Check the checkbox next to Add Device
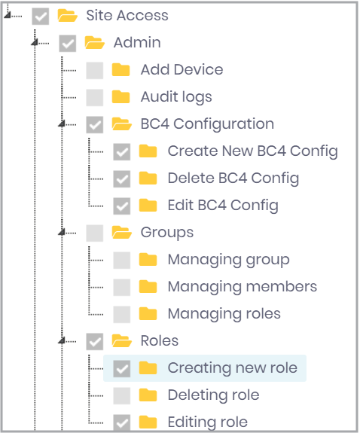95,71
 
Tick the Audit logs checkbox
95,97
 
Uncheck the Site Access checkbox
41,17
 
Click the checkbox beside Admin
68,44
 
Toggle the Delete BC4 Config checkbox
122,179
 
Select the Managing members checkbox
122,287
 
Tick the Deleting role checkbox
122,395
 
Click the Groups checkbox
95,233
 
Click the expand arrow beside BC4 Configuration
62,123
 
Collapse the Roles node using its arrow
62,340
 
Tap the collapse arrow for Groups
62,232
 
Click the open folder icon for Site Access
68,15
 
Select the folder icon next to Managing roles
148,313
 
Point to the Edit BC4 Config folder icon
148,205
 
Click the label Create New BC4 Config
253,151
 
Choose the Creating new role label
233,367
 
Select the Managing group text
229,260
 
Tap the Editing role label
208,422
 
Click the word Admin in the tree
137,42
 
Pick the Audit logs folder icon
121,96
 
